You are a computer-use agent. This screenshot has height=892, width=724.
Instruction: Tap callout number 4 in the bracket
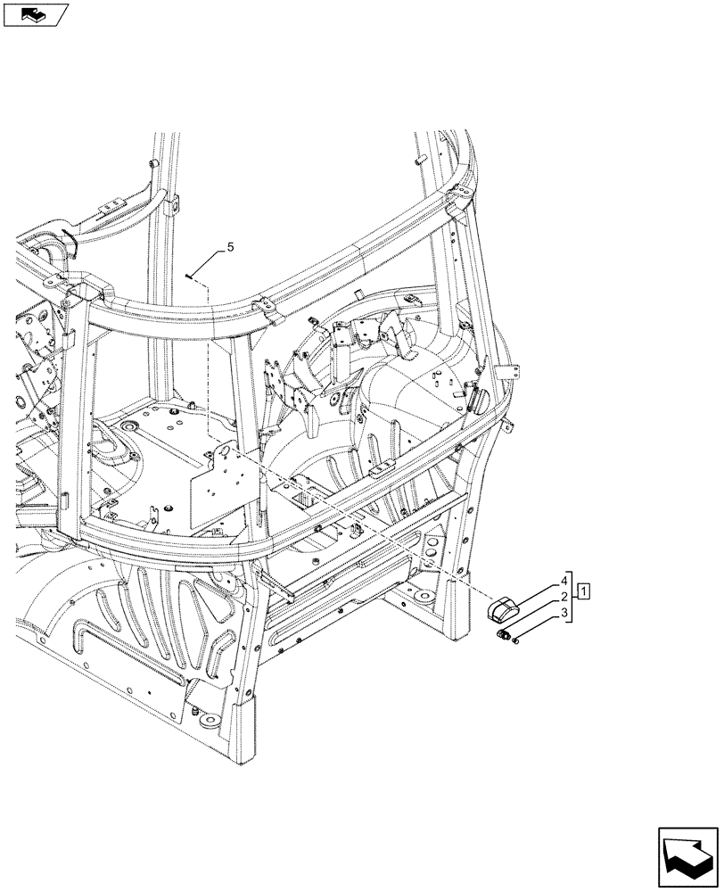[x=564, y=580]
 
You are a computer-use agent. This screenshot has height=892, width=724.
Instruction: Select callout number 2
[x=564, y=596]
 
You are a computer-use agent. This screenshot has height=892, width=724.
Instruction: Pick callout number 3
[x=564, y=613]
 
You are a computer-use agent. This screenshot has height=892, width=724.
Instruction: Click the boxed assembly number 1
[x=584, y=591]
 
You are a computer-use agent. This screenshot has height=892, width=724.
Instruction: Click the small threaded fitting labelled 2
[x=506, y=634]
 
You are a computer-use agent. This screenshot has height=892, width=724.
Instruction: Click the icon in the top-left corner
[x=36, y=13]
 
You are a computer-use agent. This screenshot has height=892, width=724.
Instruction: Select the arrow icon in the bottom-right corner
[x=687, y=855]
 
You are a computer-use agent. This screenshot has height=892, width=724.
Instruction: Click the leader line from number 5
[x=207, y=265]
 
